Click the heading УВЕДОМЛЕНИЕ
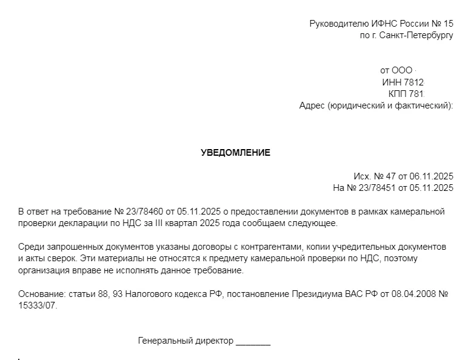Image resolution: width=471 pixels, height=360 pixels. (x=235, y=153)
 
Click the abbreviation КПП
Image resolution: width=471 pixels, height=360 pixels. (x=398, y=94)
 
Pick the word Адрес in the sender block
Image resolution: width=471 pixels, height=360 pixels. (x=312, y=105)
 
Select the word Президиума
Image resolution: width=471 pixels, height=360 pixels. (x=303, y=294)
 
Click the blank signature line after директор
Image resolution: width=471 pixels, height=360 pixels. (x=253, y=342)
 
